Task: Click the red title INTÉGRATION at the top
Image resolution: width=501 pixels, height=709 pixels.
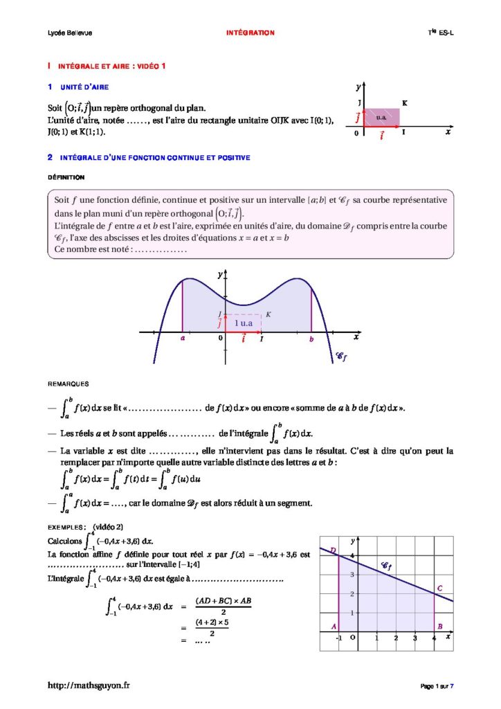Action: [250, 33]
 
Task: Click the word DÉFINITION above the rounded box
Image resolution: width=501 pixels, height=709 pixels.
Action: [66, 177]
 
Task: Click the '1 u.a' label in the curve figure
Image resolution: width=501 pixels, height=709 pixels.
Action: [243, 323]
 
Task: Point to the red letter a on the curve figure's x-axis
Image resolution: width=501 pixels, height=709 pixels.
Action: [182, 339]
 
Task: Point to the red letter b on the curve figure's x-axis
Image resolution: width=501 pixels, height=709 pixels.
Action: [312, 339]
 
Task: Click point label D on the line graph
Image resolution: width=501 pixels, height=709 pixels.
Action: [334, 550]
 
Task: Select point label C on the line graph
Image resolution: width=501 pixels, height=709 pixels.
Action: [439, 589]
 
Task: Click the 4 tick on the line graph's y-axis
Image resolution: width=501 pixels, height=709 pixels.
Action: [352, 556]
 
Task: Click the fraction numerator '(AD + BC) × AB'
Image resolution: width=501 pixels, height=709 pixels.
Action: [223, 600]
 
